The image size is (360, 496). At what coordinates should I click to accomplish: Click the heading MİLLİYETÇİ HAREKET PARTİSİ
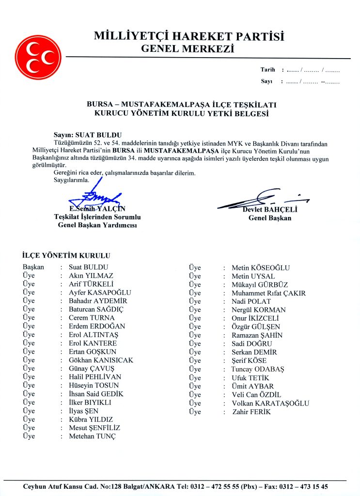point(189,36)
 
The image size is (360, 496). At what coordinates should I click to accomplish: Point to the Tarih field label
point(267,70)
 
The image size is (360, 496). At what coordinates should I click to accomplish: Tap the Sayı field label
point(266,81)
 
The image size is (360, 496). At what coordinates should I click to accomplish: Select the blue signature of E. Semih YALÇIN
point(97,196)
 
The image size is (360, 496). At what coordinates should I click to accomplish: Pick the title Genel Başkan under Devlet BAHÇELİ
point(270,218)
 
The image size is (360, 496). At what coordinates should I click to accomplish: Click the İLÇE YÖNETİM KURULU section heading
point(66,255)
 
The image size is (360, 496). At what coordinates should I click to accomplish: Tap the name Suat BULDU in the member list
point(89,267)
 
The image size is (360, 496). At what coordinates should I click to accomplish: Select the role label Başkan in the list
point(33,267)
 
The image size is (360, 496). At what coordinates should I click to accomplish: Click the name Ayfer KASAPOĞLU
point(100,293)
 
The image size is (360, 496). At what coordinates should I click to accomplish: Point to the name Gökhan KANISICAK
point(101,360)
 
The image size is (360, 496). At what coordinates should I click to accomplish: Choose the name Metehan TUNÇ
point(93,436)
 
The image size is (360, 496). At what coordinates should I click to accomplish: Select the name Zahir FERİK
point(251,412)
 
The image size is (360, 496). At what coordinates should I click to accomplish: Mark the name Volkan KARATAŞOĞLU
point(270,403)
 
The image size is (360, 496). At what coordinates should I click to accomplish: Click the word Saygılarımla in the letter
point(72,180)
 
